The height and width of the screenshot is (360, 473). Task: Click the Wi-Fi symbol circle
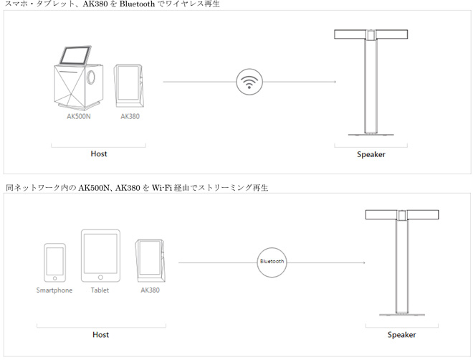point(249,81)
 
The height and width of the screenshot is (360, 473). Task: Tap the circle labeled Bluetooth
point(272,262)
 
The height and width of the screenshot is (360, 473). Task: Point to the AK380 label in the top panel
point(130,115)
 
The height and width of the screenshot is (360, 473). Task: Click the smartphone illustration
point(54,263)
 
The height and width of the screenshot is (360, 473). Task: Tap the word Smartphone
point(54,290)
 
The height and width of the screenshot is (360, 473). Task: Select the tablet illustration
point(100,256)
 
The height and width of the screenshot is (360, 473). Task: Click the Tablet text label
point(100,290)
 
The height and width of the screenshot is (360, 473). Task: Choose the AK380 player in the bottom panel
point(150,260)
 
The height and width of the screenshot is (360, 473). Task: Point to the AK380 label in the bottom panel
point(150,290)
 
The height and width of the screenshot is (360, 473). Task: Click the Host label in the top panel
point(99,153)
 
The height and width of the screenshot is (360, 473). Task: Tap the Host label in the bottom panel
point(100,334)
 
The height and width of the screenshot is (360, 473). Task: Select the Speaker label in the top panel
point(371,154)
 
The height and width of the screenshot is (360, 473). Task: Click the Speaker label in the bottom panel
point(401,335)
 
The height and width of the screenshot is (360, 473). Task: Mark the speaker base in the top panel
point(371,133)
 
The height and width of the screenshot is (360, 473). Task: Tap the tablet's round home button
point(100,277)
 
